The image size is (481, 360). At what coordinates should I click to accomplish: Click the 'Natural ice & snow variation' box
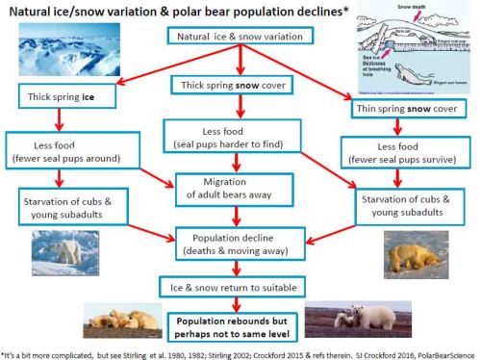[240, 36]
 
